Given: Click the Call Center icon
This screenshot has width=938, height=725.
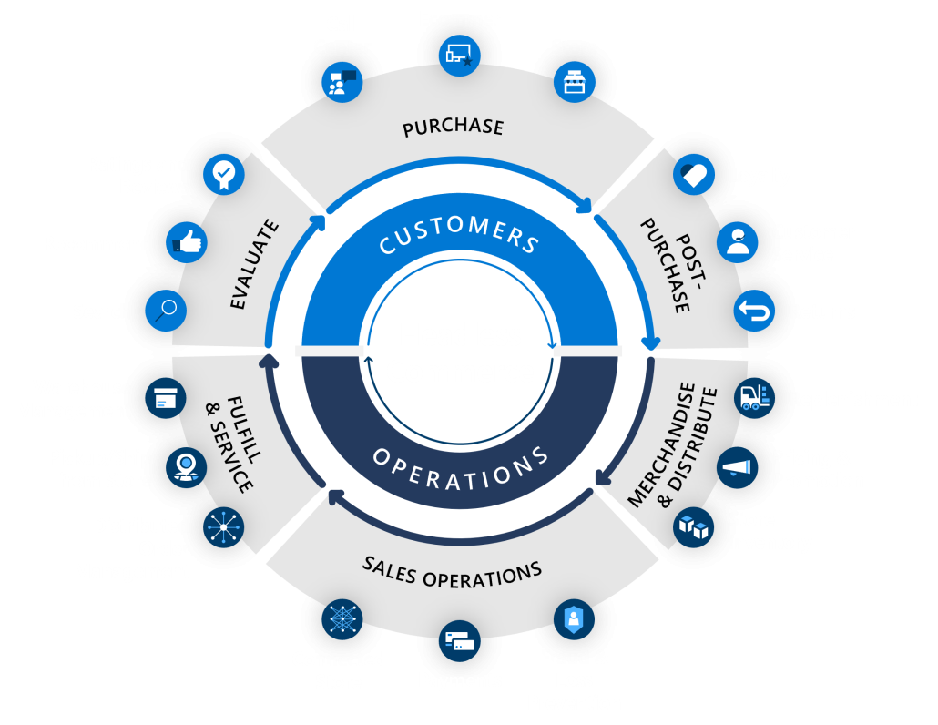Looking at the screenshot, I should (342, 80).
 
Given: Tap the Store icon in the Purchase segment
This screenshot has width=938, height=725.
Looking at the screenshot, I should (575, 81).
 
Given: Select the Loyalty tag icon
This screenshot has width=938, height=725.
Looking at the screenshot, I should (694, 174).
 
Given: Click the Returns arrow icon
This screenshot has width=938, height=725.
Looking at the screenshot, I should (754, 311).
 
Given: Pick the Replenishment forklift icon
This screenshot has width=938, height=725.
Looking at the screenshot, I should (754, 398).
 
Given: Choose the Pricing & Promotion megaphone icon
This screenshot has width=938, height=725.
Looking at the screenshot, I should (737, 467).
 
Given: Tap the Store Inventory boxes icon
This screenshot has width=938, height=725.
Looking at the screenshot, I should (693, 526).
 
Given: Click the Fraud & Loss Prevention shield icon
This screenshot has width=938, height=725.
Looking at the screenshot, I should (574, 619).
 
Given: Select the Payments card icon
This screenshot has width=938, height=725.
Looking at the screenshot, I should (459, 642).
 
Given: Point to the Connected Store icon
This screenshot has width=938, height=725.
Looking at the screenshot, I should (342, 619).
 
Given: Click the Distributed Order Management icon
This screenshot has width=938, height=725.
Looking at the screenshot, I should (224, 526).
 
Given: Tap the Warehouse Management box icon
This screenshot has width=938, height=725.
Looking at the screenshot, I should (165, 398).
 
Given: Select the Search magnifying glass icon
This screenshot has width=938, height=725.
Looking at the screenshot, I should (166, 311).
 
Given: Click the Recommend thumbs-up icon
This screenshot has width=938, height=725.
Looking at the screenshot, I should (187, 242).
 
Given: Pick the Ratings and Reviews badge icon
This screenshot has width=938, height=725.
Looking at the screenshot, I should (223, 173).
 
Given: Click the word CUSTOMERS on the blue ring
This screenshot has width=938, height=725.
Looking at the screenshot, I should (459, 228).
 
